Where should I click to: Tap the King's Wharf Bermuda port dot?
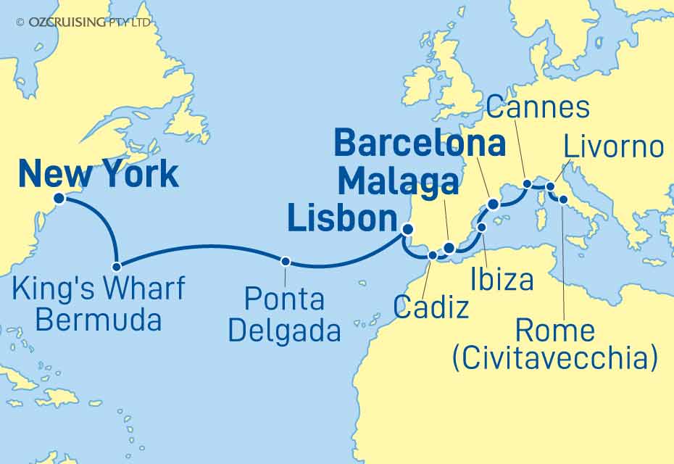[116, 266]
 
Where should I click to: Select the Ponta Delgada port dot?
[286, 261]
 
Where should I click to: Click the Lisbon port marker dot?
[407, 230]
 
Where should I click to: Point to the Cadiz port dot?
[433, 255]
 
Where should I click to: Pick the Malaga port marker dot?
[449, 249]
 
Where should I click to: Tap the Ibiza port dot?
[482, 228]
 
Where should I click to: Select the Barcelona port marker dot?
[494, 204]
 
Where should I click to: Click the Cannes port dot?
[527, 183]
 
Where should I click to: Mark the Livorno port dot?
[550, 186]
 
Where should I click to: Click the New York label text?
[98, 175]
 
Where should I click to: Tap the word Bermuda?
[99, 319]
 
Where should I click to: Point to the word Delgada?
[284, 331]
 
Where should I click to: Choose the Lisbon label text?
[342, 218]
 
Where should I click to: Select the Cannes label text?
[537, 107]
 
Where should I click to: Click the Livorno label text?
[613, 147]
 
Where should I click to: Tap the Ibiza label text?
[502, 280]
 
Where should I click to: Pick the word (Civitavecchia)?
[555, 358]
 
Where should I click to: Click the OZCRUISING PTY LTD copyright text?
[83, 22]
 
